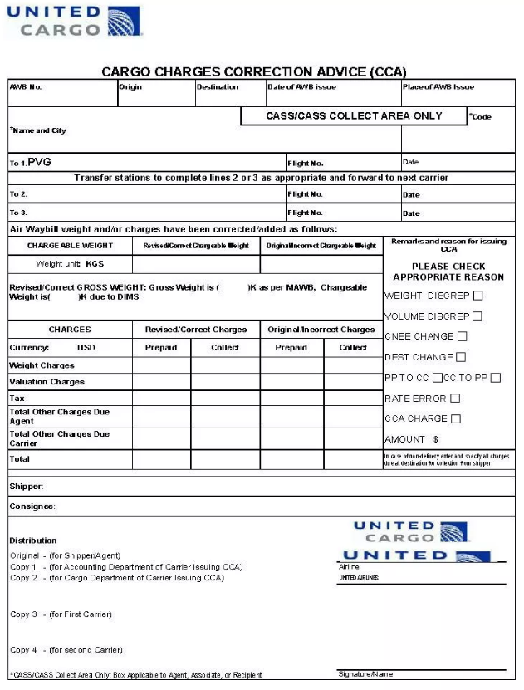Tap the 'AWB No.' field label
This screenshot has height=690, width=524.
[26, 87]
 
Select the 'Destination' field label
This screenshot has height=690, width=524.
[218, 87]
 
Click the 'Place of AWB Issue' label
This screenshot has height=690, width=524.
[438, 87]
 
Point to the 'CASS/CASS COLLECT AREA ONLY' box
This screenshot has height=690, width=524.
[354, 116]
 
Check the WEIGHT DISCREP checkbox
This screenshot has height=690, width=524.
[478, 296]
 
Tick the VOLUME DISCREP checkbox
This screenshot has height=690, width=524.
[477, 316]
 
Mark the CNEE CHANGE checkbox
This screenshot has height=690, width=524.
[463, 336]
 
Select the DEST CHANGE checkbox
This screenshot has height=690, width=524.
[461, 357]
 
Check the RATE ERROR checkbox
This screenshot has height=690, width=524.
[455, 399]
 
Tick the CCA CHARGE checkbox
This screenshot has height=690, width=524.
[456, 419]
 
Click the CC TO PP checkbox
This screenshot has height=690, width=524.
[496, 378]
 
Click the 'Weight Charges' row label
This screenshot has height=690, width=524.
[42, 365]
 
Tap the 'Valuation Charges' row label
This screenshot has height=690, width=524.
[47, 382]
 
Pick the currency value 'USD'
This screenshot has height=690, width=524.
[86, 348]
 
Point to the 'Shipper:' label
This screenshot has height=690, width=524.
[27, 486]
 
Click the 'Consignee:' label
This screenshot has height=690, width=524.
[32, 506]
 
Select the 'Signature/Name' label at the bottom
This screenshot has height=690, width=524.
[365, 674]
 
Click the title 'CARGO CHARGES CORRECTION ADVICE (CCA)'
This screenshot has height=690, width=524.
[254, 72]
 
